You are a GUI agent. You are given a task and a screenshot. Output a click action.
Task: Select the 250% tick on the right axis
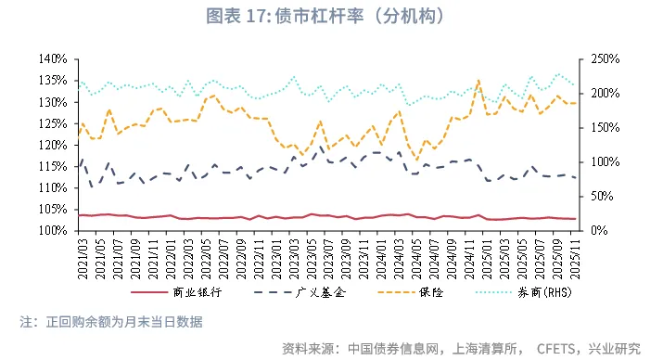pyautogui.click(x=593, y=59)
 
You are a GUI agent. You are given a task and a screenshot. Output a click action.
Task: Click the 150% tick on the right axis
pyautogui.click(x=593, y=128)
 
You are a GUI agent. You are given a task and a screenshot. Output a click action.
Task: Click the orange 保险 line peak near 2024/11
pyautogui.click(x=478, y=81)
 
